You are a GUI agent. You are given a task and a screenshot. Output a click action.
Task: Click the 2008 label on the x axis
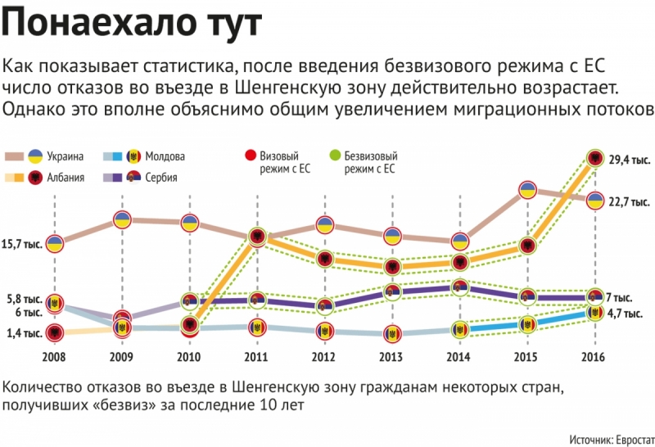[55, 358]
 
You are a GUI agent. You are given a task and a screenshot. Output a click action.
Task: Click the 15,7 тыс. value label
[22, 244]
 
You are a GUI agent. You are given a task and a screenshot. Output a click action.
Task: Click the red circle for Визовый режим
[251, 156]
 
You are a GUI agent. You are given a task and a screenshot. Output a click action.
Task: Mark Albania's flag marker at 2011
[258, 237]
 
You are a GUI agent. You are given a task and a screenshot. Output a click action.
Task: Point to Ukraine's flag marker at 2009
[122, 219]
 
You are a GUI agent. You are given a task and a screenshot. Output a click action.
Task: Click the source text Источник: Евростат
[607, 437]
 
